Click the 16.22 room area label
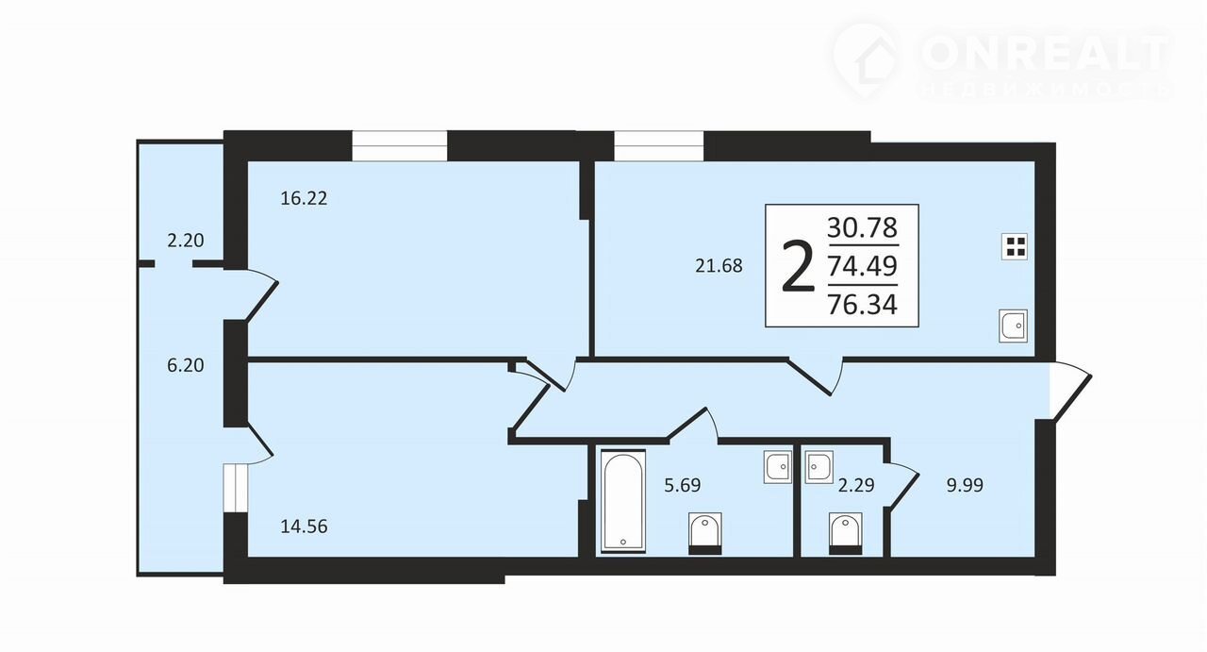point(304,198)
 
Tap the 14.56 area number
point(304,527)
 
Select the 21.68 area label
point(719,266)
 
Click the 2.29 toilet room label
point(856,485)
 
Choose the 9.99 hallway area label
point(965,485)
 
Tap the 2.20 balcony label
point(186,241)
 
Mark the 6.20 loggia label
point(186,366)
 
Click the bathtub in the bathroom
point(623,501)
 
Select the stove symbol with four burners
point(1015,247)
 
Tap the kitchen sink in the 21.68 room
point(1013,326)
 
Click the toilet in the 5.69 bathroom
point(705,533)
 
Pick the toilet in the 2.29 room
point(846,533)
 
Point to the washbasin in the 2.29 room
point(819,467)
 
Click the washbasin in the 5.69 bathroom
point(778,467)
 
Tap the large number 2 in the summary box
point(798,266)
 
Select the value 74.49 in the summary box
point(862,265)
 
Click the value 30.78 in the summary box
point(862,227)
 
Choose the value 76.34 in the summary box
point(862,305)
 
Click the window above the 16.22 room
point(400,145)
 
